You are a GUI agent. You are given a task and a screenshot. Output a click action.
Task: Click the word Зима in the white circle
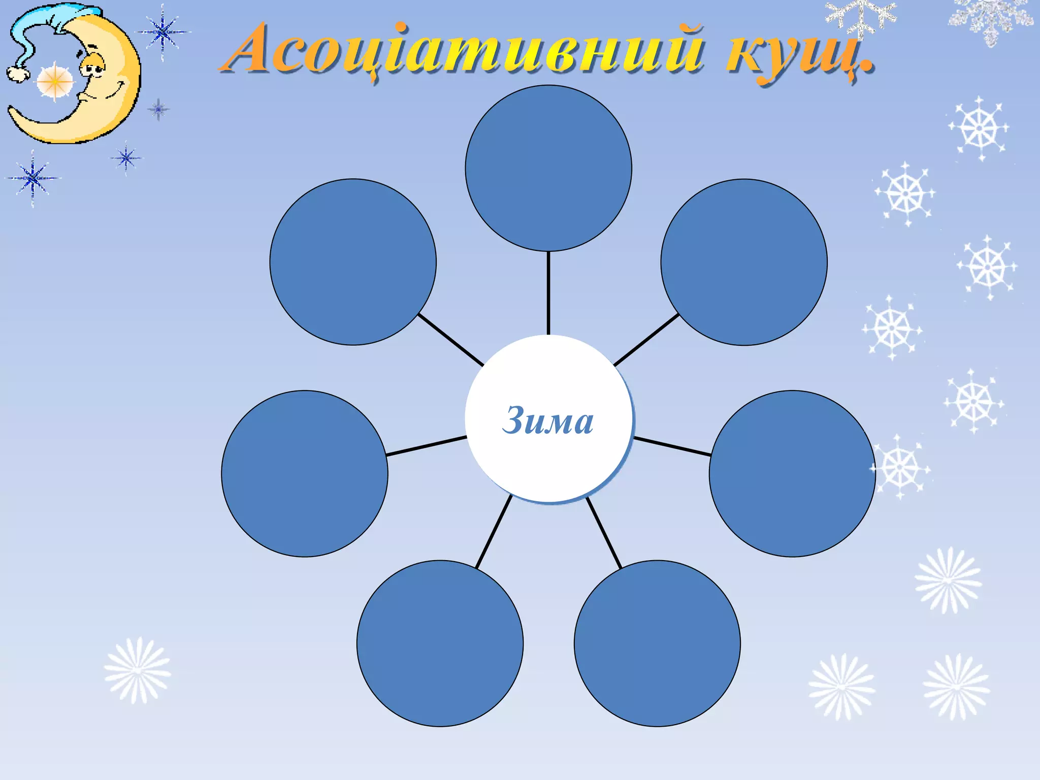point(547,420)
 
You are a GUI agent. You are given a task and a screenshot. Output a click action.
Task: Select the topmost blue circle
point(548,168)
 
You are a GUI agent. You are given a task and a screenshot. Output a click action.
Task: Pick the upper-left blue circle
point(353,262)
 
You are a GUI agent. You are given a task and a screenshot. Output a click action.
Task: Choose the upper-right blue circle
point(744,262)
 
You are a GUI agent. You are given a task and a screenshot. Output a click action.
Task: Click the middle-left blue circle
point(305,474)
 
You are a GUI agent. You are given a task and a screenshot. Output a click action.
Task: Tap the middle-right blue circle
point(792,474)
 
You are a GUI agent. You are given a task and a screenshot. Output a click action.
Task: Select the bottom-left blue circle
point(440,643)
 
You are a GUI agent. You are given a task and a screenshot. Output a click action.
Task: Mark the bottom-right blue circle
point(657,643)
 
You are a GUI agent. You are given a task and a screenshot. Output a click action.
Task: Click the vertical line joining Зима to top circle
point(548,293)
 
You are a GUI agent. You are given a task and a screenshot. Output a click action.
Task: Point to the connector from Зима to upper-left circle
point(450,339)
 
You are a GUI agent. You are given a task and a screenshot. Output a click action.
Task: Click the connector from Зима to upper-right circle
point(646,339)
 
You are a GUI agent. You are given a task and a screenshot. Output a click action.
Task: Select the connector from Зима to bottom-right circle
point(604,533)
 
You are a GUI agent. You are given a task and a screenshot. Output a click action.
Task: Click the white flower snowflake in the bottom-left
point(137,670)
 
